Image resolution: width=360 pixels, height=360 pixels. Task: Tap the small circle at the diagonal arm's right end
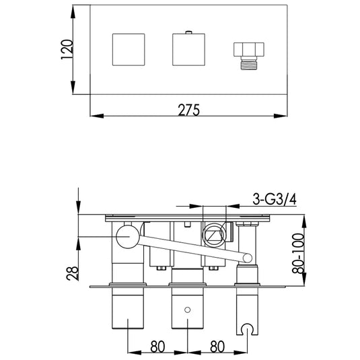tap(248, 257)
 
